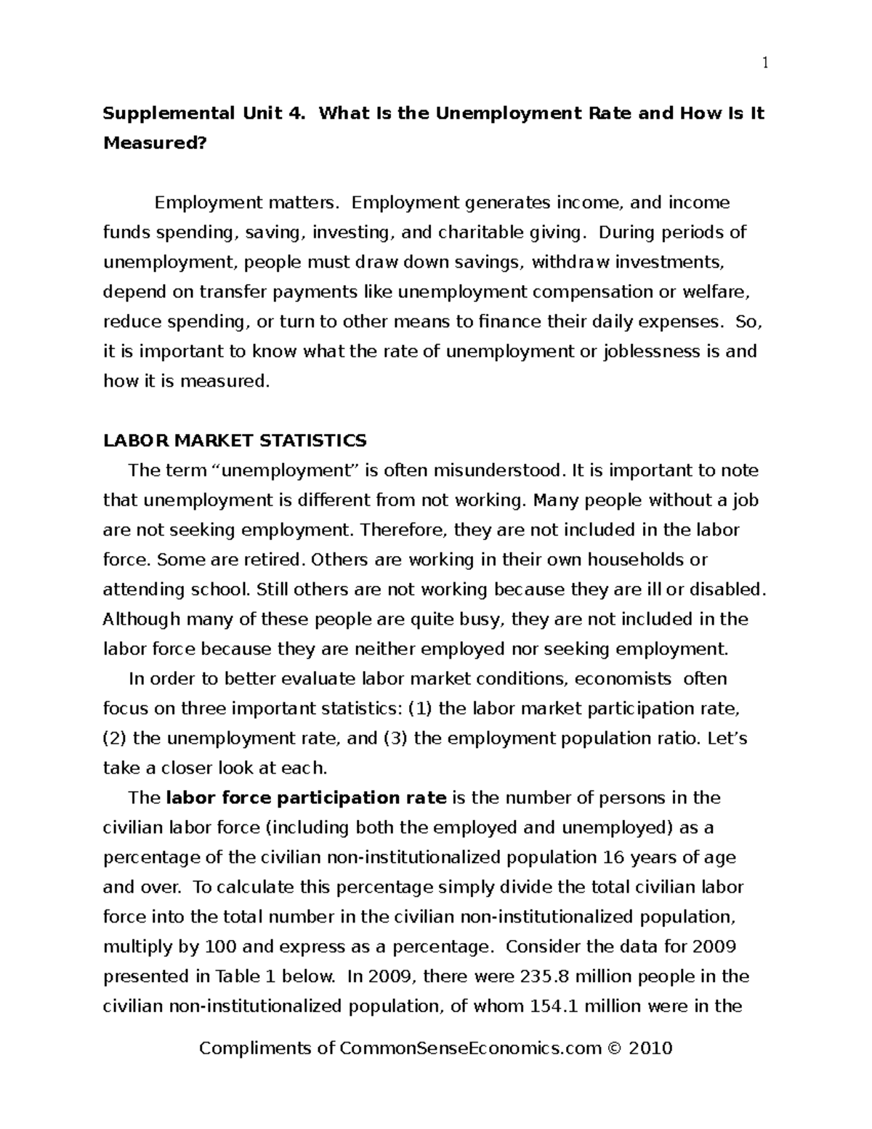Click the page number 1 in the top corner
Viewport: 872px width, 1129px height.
764,63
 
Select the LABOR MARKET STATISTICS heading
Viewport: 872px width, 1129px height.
235,441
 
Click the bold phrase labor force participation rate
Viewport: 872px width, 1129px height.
306,798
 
